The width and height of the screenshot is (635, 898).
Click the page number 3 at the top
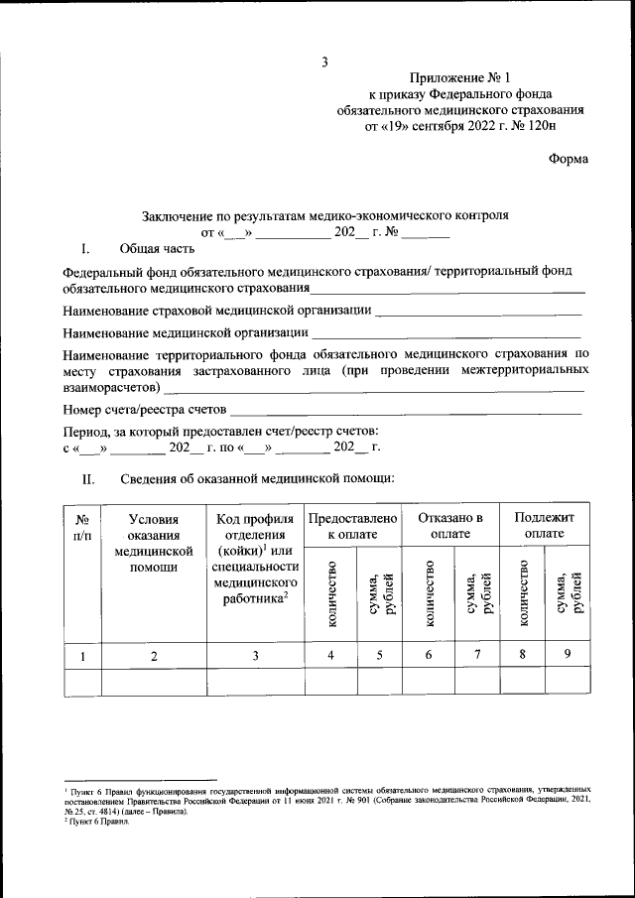323,64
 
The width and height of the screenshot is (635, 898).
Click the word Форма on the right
568,159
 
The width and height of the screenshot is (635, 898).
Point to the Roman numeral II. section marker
87,479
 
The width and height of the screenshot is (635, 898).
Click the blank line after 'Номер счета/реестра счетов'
406,411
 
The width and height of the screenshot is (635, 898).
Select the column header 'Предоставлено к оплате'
352,526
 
